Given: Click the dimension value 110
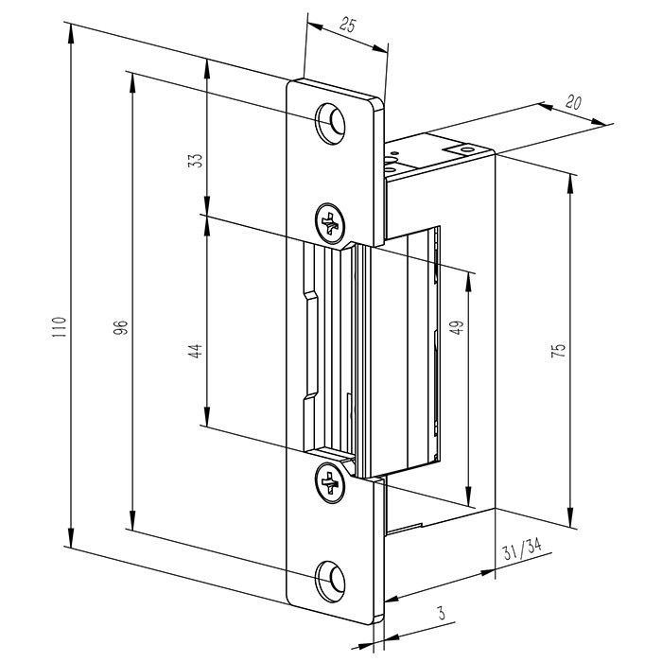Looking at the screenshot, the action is tap(60, 326).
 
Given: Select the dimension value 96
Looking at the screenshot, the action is tap(120, 328).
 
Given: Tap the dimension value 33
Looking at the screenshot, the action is tap(195, 161).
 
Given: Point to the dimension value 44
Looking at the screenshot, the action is tap(195, 351).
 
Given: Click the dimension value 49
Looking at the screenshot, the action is tap(457, 327).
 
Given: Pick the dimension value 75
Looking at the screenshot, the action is tap(558, 351).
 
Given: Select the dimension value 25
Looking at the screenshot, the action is tap(347, 26).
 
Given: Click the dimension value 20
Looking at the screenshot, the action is tap(573, 102).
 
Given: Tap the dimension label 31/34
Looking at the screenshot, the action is tap(522, 549).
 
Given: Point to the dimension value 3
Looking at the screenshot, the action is tap(442, 613).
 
